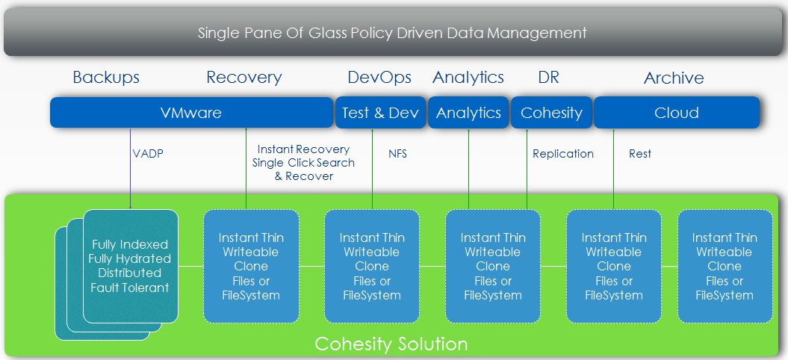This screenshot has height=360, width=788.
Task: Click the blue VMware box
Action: coord(191,112)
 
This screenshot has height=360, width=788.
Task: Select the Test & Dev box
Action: coord(380,112)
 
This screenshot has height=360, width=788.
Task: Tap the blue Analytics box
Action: coord(468,112)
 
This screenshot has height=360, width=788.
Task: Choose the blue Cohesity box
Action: coord(551,112)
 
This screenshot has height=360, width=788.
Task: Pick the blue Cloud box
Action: coord(677,112)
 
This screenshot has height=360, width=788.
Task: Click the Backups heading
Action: coord(106,78)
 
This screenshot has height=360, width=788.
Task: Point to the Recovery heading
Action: coord(244,78)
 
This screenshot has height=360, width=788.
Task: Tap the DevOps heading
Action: coord(379,78)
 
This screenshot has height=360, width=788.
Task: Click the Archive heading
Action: coord(674,78)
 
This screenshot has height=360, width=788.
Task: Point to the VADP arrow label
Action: coord(148,154)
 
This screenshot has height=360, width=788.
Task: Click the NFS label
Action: coord(397,154)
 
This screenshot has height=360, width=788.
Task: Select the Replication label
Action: coord(563,154)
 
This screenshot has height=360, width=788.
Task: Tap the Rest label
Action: coord(640,154)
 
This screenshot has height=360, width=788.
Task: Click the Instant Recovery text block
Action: coord(303,163)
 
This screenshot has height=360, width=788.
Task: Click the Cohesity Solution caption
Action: coord(391,344)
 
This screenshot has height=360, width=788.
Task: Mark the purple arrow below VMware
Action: coord(130,169)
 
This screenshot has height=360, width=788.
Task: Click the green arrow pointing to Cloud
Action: coord(614,169)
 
